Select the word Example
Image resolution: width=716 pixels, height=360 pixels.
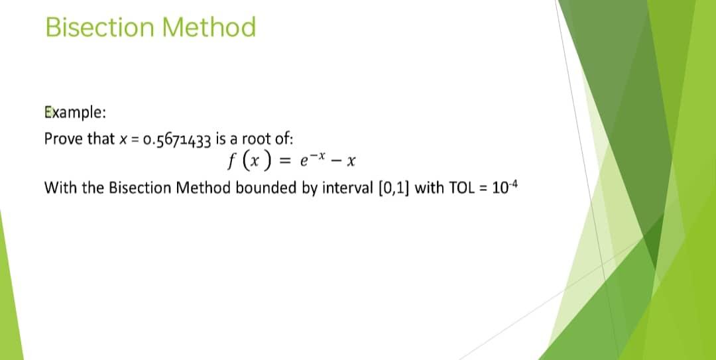(74, 113)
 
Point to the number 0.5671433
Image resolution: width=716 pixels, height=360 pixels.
(177, 140)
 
